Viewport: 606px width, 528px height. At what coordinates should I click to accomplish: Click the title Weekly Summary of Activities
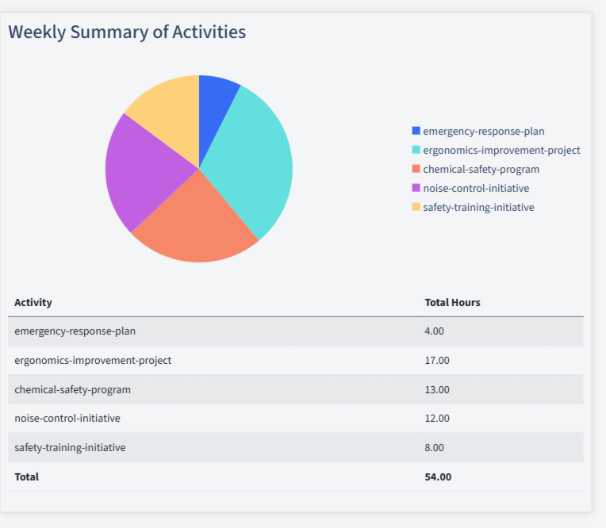click(x=127, y=32)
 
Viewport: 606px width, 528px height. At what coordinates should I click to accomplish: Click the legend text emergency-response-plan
click(x=483, y=132)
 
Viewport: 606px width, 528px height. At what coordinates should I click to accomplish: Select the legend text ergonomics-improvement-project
click(x=501, y=151)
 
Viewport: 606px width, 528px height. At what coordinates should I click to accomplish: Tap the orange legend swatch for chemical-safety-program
click(x=416, y=169)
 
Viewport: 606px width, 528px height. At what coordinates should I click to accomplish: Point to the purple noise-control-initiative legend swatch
click(x=416, y=188)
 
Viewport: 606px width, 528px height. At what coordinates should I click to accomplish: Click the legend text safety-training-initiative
click(x=478, y=207)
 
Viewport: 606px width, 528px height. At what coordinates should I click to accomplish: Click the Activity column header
click(x=33, y=302)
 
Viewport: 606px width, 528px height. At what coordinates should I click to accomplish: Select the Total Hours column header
click(x=452, y=302)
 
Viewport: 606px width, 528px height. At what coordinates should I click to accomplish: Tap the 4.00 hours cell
click(x=435, y=331)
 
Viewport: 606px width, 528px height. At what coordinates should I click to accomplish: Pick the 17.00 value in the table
click(x=437, y=360)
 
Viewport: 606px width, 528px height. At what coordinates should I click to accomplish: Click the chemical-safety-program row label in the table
click(x=72, y=389)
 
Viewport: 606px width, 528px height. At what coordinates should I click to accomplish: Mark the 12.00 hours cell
click(x=437, y=418)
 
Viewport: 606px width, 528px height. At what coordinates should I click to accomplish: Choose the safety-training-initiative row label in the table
click(x=70, y=447)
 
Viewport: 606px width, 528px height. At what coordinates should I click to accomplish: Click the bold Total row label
click(x=26, y=476)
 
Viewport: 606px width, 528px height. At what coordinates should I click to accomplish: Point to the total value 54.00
click(x=438, y=476)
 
